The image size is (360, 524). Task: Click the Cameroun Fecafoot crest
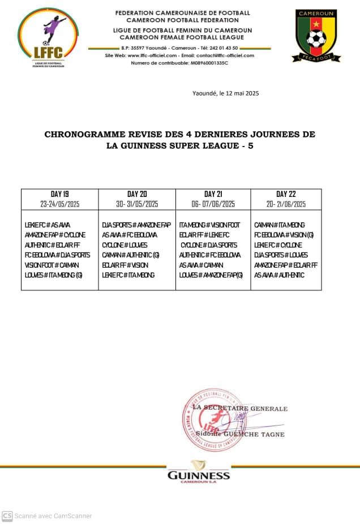(316, 35)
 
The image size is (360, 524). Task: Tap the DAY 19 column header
(59, 194)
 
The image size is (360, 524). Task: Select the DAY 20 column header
(137, 194)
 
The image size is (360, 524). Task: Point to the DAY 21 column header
(213, 194)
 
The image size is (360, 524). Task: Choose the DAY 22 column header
(286, 194)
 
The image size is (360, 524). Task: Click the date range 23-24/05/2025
(59, 204)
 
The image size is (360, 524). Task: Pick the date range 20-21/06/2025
(286, 204)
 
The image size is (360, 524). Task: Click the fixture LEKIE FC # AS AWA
(48, 225)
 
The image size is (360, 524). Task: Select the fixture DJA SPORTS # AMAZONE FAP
(136, 225)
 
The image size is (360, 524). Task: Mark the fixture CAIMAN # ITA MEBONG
(280, 225)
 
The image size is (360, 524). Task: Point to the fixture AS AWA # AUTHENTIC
(279, 275)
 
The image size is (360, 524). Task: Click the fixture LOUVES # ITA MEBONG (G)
(54, 275)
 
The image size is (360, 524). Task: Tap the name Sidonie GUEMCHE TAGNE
(244, 435)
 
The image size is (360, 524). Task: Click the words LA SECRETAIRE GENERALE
(240, 409)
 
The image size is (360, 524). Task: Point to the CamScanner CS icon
(7, 516)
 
